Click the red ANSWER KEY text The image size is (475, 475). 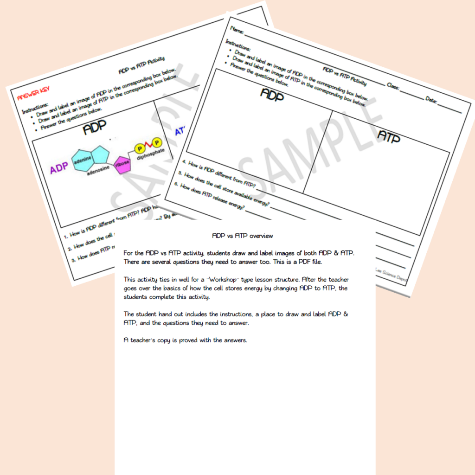coord(33,94)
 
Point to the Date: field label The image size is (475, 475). coord(432,99)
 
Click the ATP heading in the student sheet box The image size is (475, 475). coord(389,136)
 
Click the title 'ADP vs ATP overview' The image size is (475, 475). coord(243,236)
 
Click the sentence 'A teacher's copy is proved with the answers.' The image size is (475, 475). coord(186,340)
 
